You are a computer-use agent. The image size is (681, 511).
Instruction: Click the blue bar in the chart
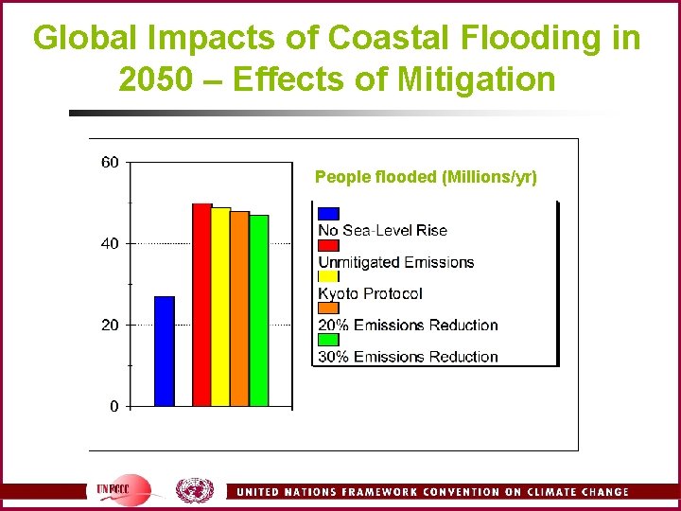(165, 351)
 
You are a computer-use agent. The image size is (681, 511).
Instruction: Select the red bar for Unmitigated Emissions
(201, 305)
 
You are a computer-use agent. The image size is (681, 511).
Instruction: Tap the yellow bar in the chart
(220, 307)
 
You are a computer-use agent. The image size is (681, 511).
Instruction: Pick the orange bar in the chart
(239, 308)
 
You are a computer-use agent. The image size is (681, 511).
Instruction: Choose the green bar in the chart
(258, 310)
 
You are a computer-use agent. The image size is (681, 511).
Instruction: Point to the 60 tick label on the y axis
(110, 162)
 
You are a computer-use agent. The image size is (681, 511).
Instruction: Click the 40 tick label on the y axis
(110, 243)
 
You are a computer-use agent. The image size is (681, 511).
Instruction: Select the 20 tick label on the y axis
(110, 325)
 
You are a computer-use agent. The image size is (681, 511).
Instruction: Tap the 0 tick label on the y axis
(113, 406)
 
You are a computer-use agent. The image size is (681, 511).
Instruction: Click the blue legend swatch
(328, 213)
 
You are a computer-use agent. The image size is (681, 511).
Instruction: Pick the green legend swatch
(328, 339)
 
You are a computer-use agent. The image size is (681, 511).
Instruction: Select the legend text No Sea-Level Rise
(382, 230)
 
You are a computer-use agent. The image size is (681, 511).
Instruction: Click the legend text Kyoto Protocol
(370, 293)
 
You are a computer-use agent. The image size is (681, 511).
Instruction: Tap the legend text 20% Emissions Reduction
(408, 325)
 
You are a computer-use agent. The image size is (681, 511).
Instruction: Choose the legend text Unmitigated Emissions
(395, 262)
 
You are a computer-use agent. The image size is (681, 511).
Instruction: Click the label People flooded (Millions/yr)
(426, 177)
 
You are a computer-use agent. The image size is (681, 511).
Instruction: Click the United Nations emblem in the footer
(194, 490)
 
